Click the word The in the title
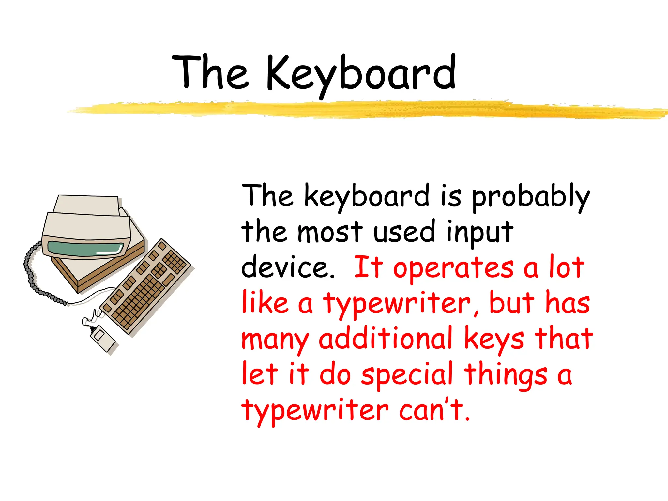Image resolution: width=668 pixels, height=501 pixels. click(x=210, y=72)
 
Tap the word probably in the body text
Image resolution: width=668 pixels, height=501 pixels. click(x=531, y=197)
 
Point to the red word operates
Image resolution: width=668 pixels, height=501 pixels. click(x=453, y=268)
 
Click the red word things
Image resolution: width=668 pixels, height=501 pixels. click(x=506, y=375)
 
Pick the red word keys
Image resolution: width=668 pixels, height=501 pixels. click(x=494, y=339)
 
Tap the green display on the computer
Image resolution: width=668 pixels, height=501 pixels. click(x=85, y=249)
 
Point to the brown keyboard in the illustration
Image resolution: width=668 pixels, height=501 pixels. click(x=145, y=287)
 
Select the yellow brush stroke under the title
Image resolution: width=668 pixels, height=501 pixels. click(x=365, y=109)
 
